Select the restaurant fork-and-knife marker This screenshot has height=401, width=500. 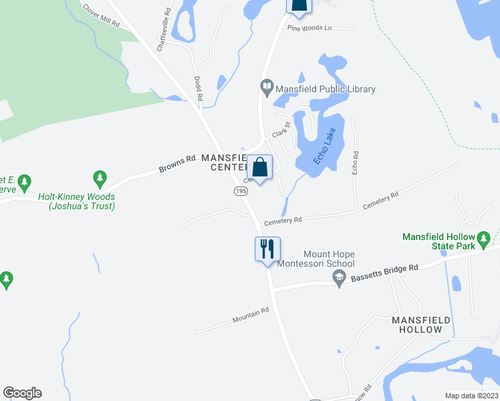coord(267,249)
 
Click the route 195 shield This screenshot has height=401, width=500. coord(241,191)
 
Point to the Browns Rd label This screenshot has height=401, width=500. coord(177,164)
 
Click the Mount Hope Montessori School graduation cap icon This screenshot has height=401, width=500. coord(339,277)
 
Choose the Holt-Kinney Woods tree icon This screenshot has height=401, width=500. coord(100,178)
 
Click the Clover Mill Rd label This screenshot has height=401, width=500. coord(100,16)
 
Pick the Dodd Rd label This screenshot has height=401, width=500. coord(199,88)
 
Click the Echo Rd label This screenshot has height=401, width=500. coord(356,164)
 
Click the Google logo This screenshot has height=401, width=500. coord(22,393)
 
